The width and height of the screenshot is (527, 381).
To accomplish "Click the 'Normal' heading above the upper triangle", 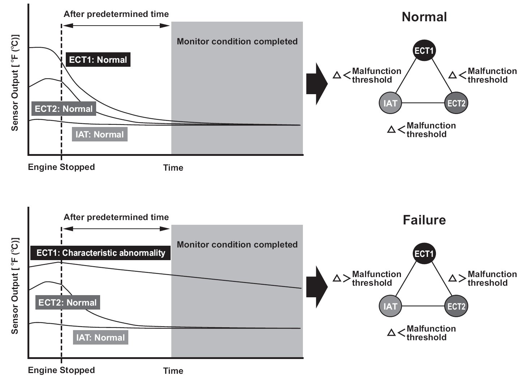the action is tap(424, 17).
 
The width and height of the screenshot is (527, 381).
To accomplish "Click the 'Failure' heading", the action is tap(424, 220).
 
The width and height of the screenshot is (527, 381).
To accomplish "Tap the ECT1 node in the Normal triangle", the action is tap(424, 50).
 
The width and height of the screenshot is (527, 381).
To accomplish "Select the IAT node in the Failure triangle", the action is tap(390, 306).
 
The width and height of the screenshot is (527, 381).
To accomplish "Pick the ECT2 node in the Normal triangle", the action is tap(456, 103).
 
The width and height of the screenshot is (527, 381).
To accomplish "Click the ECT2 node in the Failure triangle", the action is tap(456, 306).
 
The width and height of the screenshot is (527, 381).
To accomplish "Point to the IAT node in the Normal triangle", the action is tap(390, 103).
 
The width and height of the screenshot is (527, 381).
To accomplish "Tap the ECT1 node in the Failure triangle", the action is tap(424, 253).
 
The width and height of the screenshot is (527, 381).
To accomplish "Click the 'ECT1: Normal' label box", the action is tap(98, 60).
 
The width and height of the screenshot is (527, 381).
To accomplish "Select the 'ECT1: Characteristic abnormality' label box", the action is tap(100, 253).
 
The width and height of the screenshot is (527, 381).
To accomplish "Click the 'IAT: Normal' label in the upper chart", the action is tap(100, 134).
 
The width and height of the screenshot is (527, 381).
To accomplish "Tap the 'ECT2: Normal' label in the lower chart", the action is tap(68, 302).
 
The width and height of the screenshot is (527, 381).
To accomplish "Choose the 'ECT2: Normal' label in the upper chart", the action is tap(64, 109).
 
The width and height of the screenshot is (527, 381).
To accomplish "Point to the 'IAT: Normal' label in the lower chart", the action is tap(100, 338).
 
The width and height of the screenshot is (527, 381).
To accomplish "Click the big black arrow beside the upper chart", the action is tap(317, 84).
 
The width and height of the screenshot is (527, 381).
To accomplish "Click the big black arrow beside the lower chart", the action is tap(317, 287).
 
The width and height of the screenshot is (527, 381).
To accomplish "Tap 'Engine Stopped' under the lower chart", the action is tap(61, 370).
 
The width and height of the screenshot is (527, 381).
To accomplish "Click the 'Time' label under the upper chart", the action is tap(173, 168).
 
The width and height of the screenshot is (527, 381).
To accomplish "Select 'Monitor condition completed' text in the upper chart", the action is tap(237, 41).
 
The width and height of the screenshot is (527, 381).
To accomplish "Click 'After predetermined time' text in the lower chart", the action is tap(116, 217).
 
